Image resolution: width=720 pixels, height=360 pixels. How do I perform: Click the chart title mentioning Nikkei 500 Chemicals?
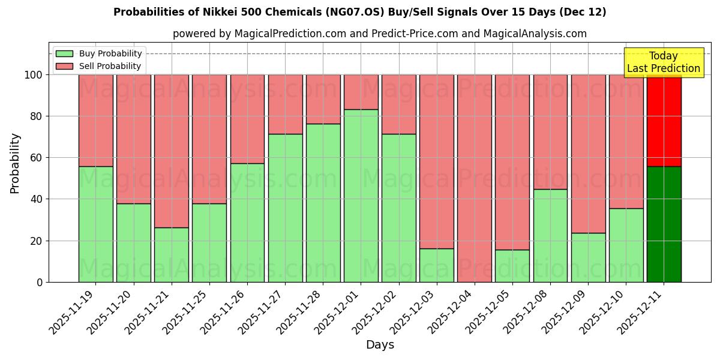[x=359, y=12]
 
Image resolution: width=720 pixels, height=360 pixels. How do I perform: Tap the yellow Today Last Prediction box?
[x=663, y=62]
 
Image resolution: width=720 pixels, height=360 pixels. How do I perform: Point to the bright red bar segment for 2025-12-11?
[x=664, y=120]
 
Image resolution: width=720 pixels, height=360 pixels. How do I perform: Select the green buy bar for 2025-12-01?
[x=361, y=196]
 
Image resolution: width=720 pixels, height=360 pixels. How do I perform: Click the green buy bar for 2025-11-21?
[x=172, y=254]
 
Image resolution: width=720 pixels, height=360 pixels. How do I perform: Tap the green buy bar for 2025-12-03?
[x=437, y=265]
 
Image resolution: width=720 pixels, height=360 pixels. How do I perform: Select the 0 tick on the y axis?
[x=40, y=282]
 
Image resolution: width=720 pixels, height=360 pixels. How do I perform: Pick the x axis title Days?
[x=380, y=345]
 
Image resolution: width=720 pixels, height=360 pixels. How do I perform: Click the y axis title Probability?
[x=15, y=163]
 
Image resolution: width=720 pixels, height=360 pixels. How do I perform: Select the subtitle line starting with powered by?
[x=380, y=34]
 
